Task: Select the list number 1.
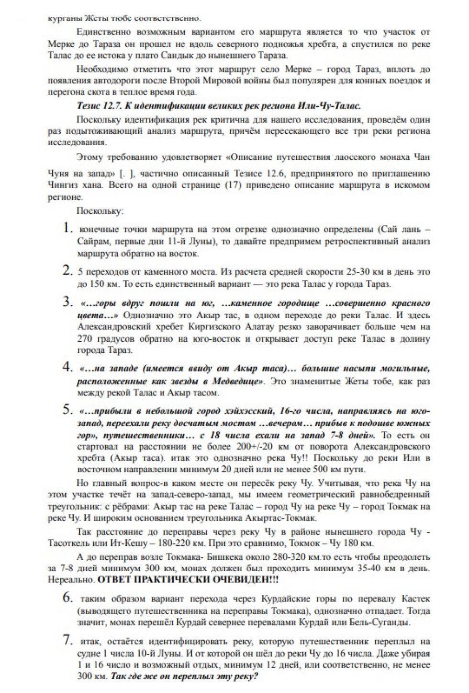(x=68, y=228)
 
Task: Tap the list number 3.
(x=67, y=302)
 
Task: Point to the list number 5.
(x=67, y=410)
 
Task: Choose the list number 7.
(x=68, y=640)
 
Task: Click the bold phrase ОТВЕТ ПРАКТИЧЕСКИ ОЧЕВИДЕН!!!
(x=188, y=579)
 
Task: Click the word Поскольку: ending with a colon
(x=100, y=211)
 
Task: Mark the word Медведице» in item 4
(x=237, y=381)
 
